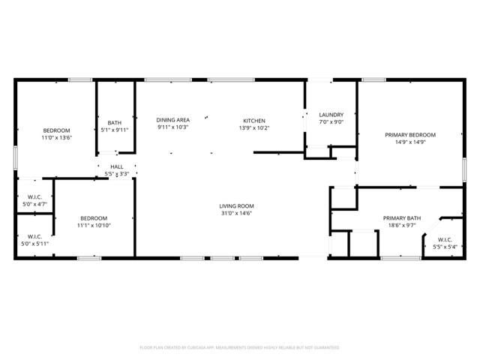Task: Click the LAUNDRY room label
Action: click(331, 115)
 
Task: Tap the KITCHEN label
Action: click(253, 121)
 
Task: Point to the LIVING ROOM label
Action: click(236, 206)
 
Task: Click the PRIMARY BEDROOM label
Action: click(410, 135)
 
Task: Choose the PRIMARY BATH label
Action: click(402, 218)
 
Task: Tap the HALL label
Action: click(117, 166)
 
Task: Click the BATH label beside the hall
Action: click(115, 123)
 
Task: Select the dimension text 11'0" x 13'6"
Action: click(56, 137)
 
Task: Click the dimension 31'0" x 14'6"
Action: click(236, 214)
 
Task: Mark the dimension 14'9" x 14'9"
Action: click(410, 142)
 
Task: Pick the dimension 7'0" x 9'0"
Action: click(331, 122)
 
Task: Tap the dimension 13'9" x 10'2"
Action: click(253, 128)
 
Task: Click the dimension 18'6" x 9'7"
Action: click(402, 226)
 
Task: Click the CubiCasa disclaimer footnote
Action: click(240, 347)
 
